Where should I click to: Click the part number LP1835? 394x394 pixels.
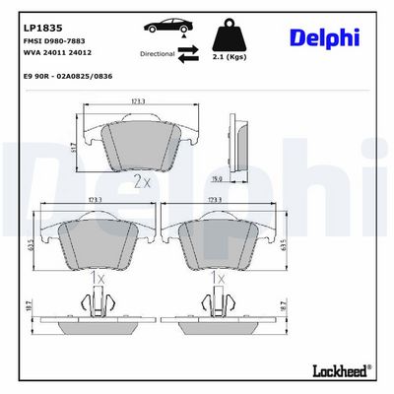click(x=42, y=28)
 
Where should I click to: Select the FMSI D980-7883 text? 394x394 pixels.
click(x=54, y=41)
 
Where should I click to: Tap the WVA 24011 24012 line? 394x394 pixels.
click(x=57, y=52)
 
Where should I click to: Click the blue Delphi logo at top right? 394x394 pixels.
click(x=324, y=37)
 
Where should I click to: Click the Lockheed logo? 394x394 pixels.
click(x=342, y=370)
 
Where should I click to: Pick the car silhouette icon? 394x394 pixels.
click(x=167, y=26)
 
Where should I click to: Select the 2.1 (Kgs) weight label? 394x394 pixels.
click(x=230, y=57)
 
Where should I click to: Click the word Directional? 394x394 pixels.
click(x=158, y=54)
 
